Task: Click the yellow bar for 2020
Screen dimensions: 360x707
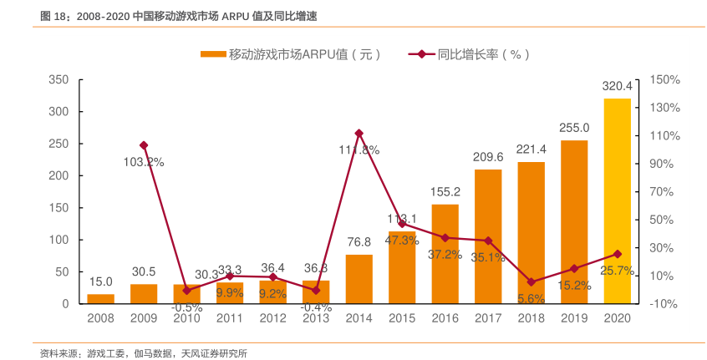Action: pos(617,201)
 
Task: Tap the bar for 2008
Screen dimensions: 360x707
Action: pos(100,298)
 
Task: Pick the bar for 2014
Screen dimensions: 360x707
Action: pos(359,279)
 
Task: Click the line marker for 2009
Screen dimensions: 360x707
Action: pos(144,145)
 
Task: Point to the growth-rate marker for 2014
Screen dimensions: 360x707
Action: pos(359,133)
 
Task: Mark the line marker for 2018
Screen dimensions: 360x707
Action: pos(531,282)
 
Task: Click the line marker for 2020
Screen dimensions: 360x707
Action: pos(617,254)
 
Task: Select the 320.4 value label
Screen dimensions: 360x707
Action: pos(617,86)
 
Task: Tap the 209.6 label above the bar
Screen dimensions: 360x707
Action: pos(488,157)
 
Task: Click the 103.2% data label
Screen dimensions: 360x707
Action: pos(144,162)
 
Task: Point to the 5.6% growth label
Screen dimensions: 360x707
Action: pos(531,298)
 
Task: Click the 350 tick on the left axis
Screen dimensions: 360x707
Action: pos(58,80)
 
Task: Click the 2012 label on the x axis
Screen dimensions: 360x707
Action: pos(272,318)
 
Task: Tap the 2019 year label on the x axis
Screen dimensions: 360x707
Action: pos(574,318)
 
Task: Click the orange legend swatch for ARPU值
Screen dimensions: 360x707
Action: pos(213,55)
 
